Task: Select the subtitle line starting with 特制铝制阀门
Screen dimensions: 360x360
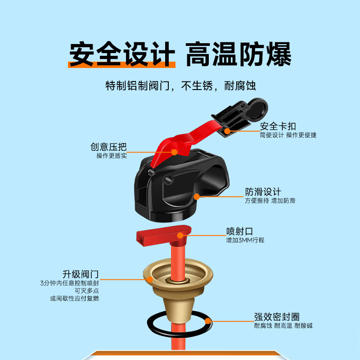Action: point(180,85)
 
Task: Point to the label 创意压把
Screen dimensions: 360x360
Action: point(108,147)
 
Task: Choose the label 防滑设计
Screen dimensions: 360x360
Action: point(263,192)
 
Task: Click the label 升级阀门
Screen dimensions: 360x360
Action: point(81,274)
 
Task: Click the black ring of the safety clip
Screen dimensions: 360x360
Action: point(255,107)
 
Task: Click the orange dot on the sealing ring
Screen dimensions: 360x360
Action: point(207,321)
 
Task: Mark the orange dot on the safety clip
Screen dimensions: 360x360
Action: point(227,131)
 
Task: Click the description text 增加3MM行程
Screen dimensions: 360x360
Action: point(245,241)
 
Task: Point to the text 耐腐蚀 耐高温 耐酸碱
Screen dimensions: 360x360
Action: point(283,325)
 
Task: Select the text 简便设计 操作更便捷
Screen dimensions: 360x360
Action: point(288,135)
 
